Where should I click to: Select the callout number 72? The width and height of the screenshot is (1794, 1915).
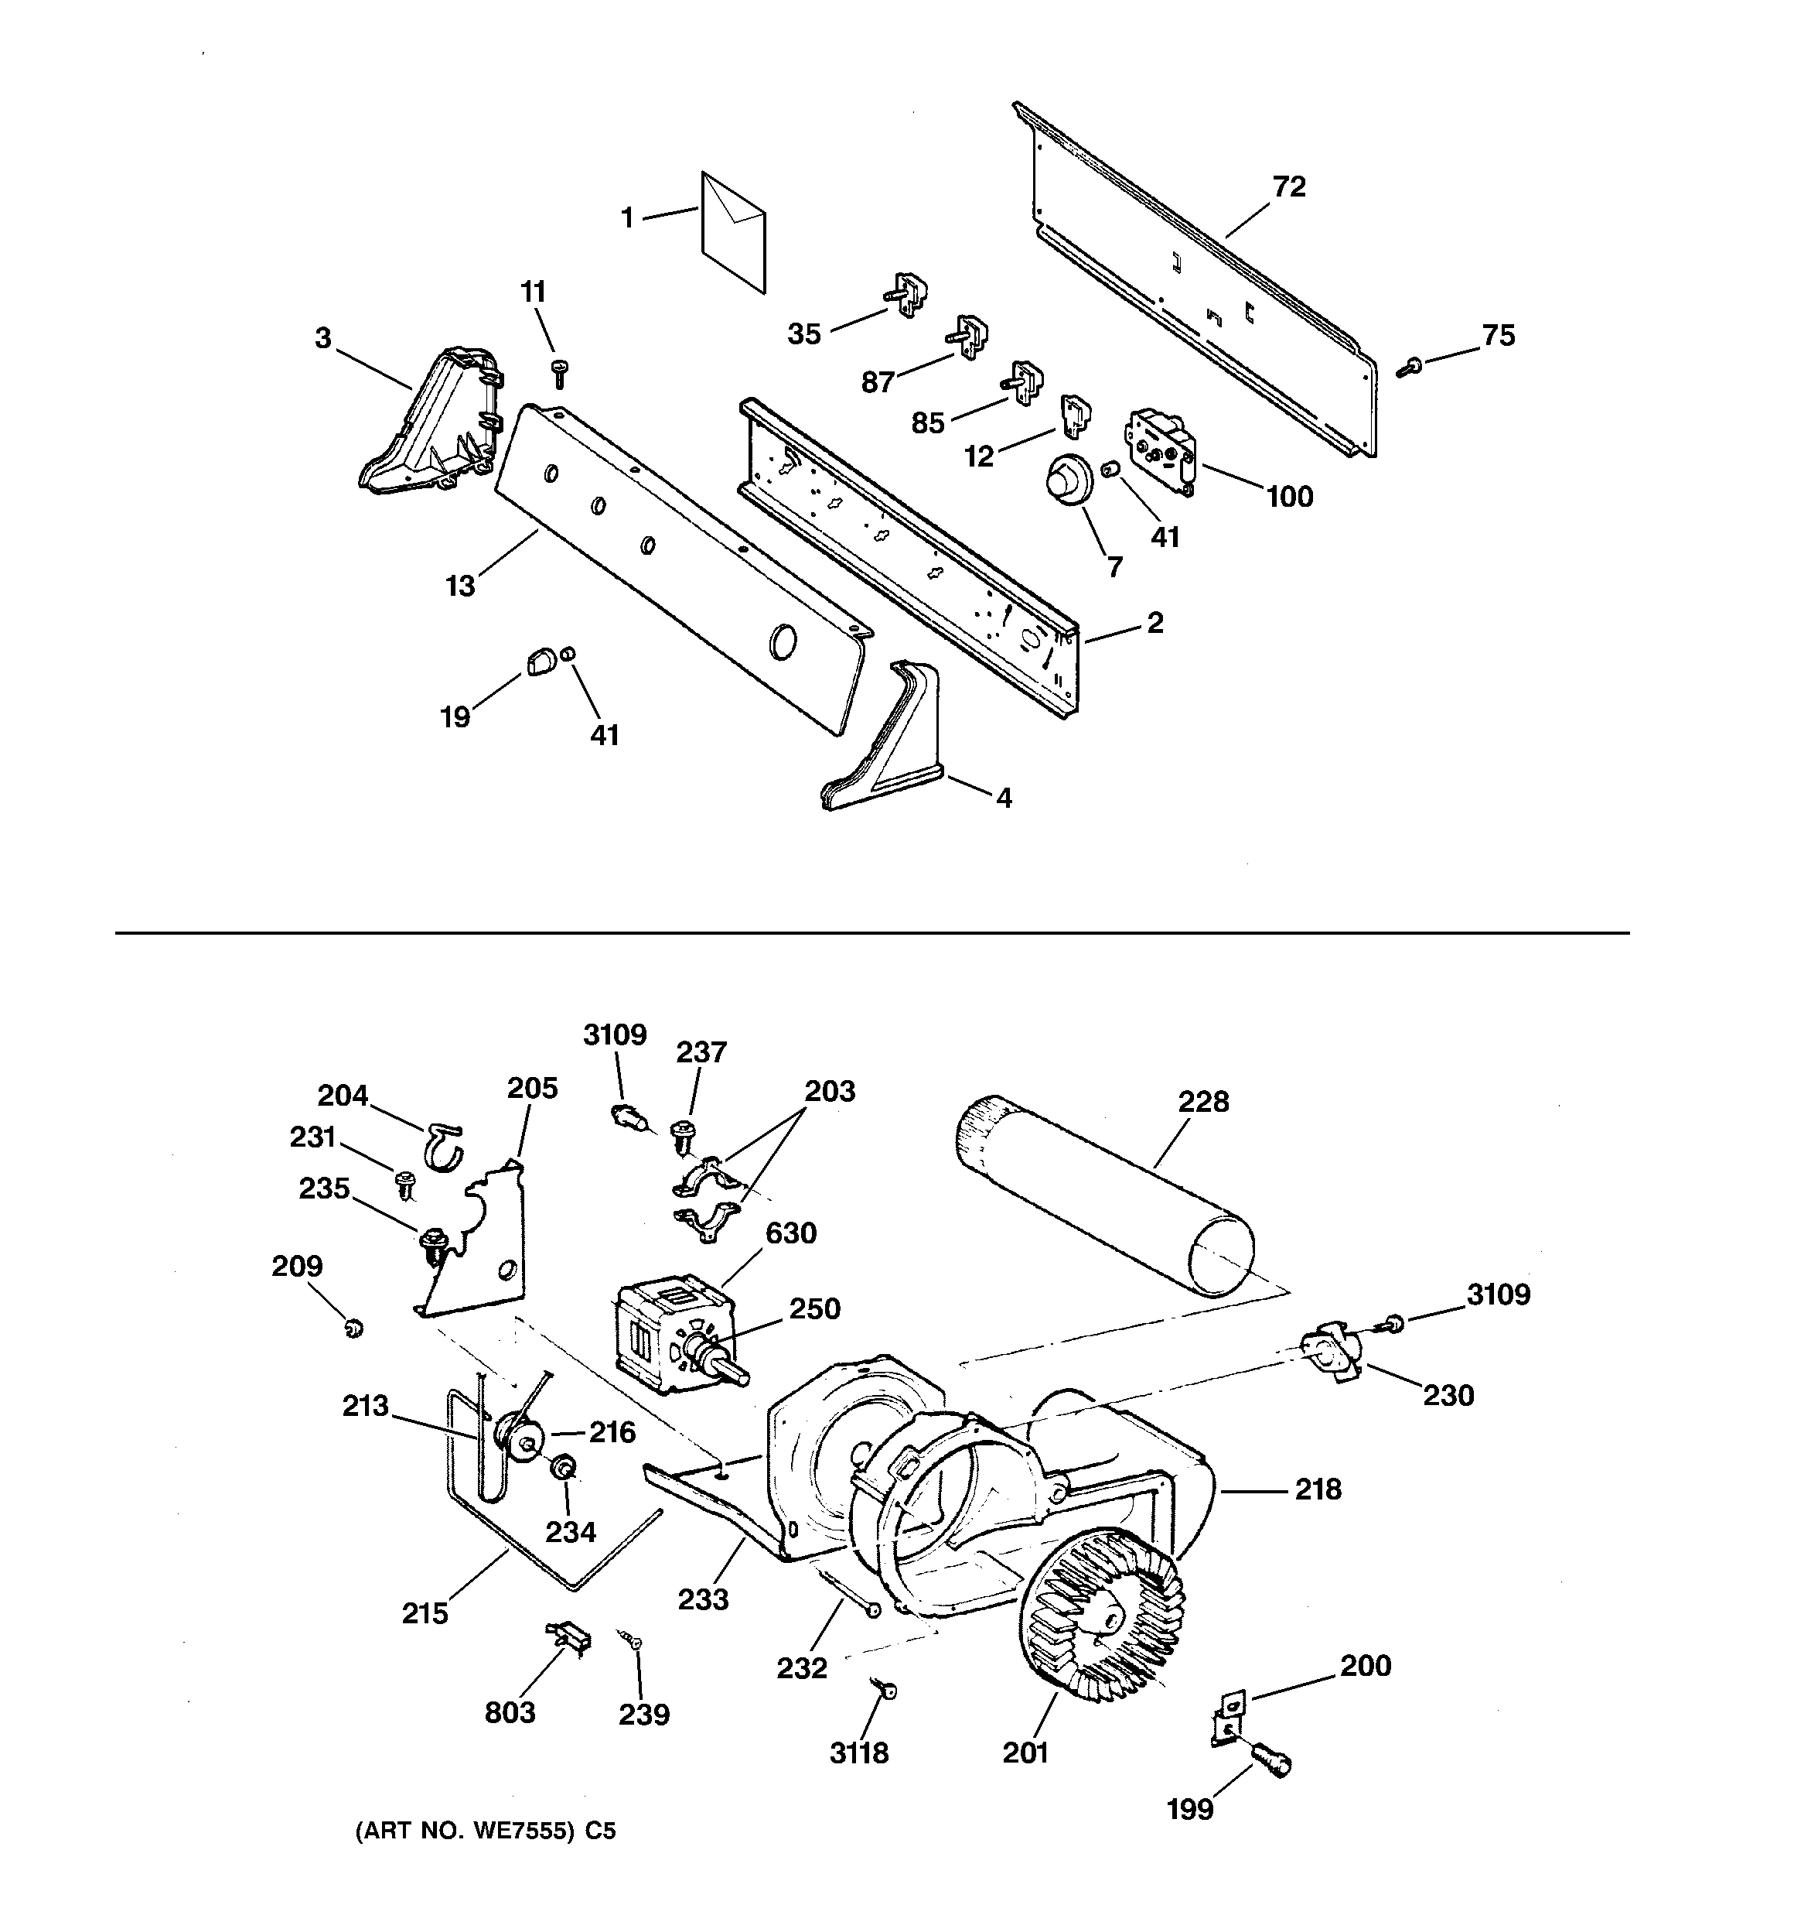pos(1288,187)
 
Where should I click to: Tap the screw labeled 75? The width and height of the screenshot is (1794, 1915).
pos(1410,365)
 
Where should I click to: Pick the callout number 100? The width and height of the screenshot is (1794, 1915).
pos(1289,497)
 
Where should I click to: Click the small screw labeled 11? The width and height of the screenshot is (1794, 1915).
pos(558,372)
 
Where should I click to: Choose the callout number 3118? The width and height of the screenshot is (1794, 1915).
pos(859,1753)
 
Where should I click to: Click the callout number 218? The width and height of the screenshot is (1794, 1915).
pos(1318,1489)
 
